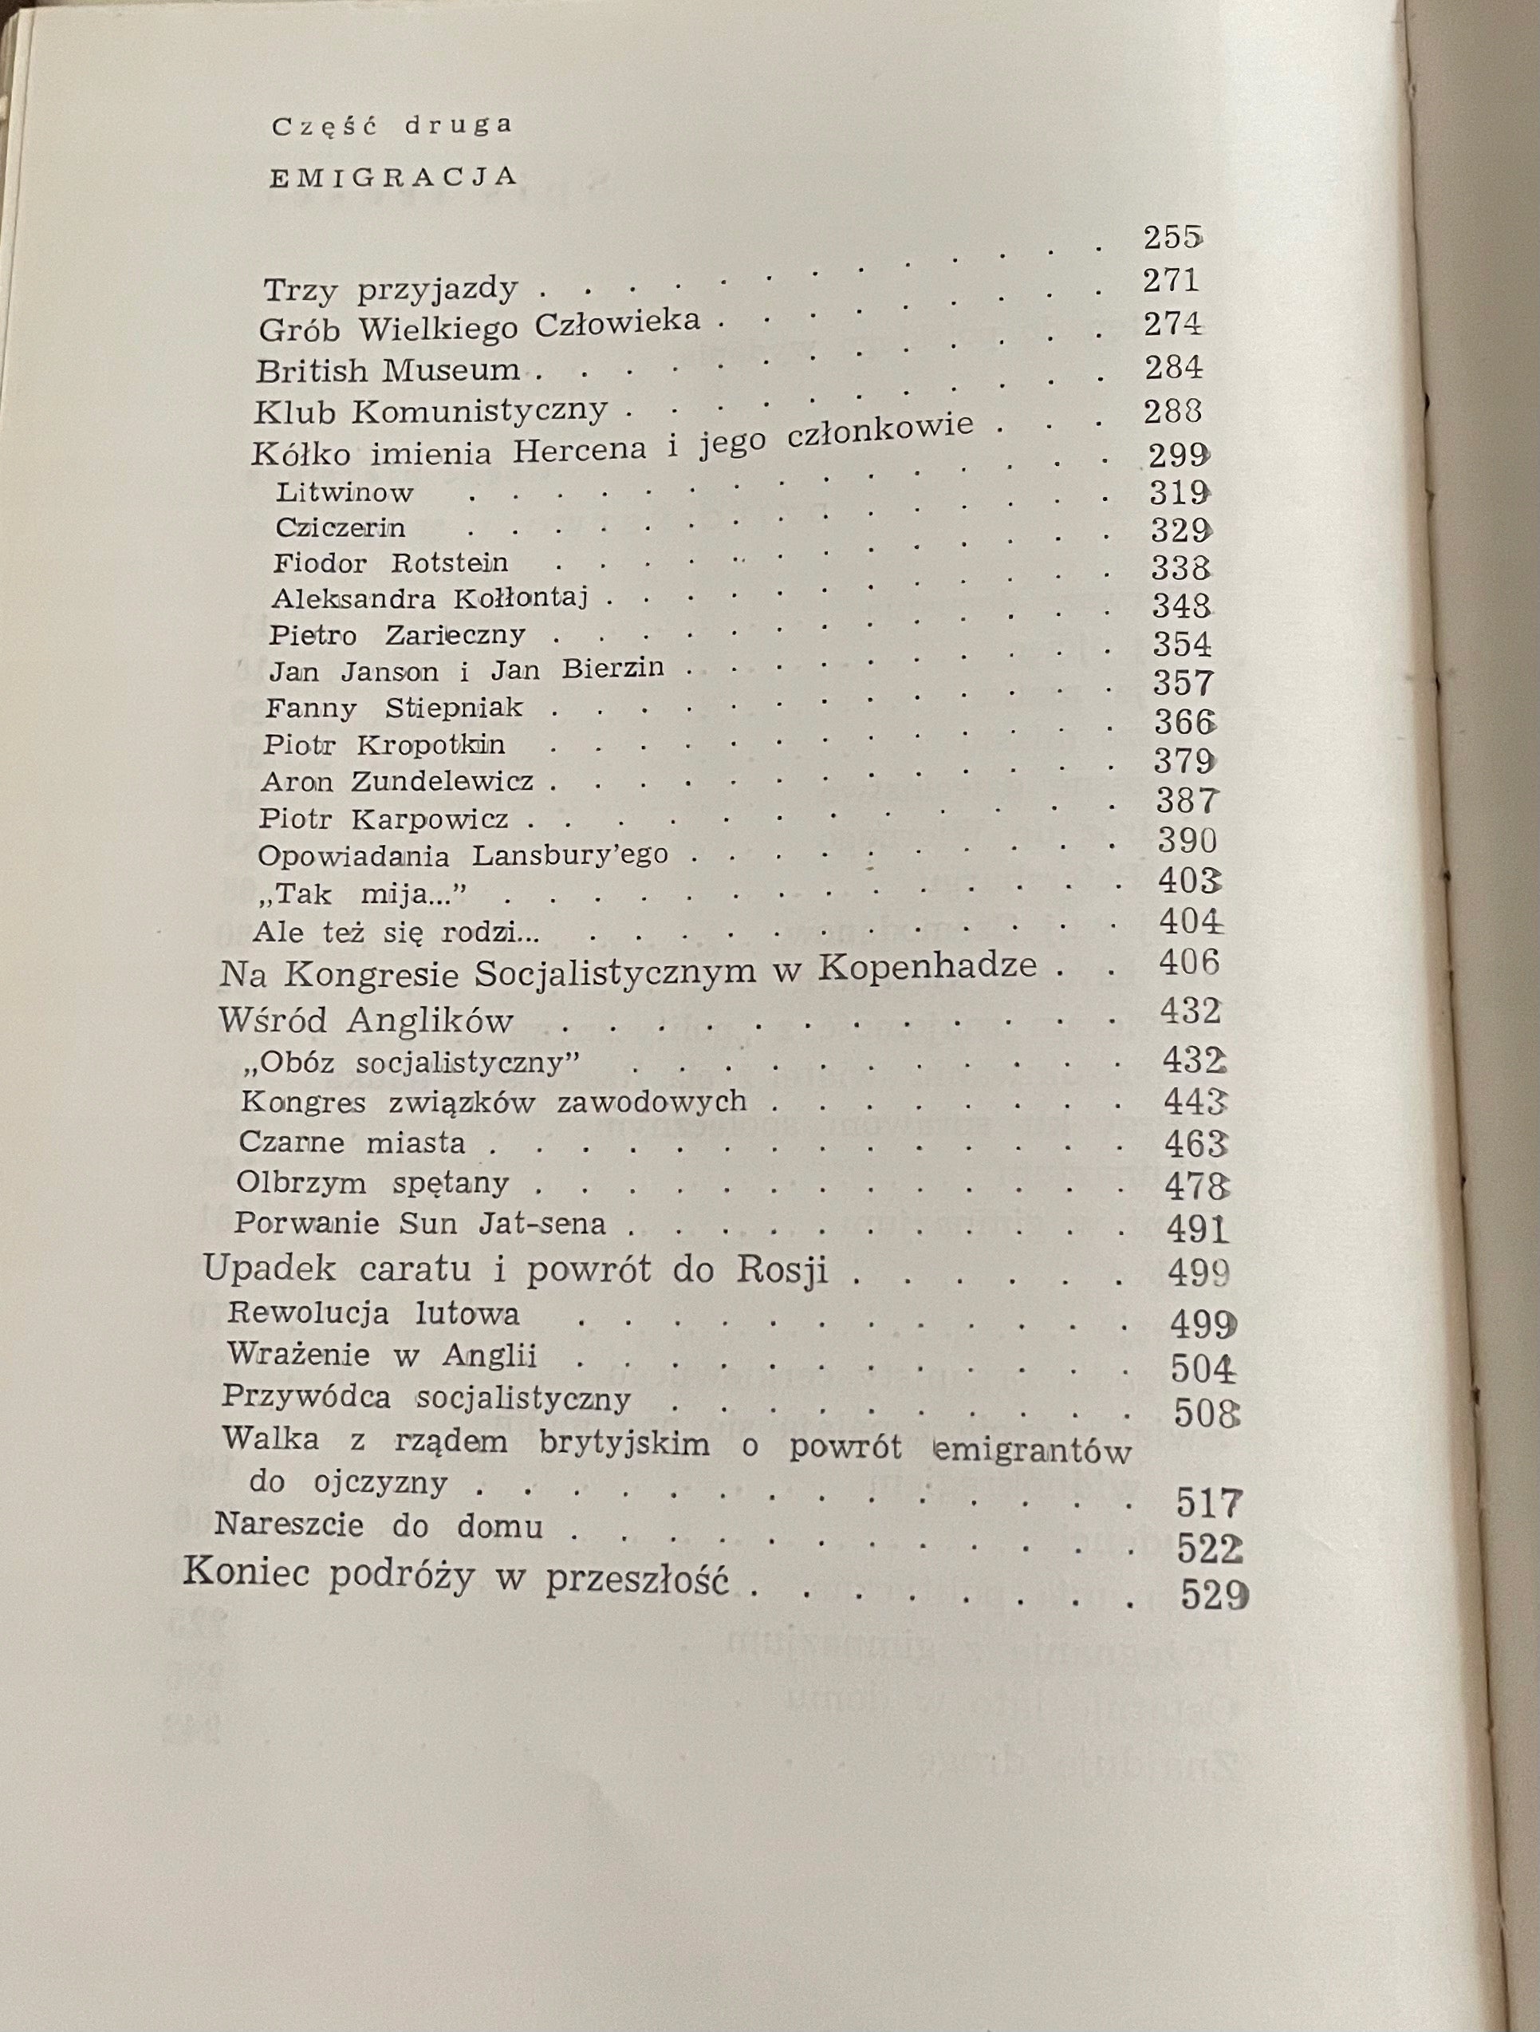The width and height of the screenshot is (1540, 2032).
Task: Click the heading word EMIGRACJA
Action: tap(393, 176)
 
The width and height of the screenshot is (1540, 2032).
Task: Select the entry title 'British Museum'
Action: tap(388, 370)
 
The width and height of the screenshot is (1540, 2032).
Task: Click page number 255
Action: tap(1172, 238)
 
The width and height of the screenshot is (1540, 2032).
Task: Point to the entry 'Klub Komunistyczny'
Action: tap(431, 411)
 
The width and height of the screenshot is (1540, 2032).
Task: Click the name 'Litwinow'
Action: tap(345, 492)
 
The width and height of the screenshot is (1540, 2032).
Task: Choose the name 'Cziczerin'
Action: tap(340, 528)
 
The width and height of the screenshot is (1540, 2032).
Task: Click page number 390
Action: tap(1187, 839)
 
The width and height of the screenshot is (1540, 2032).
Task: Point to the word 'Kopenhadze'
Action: tap(927, 965)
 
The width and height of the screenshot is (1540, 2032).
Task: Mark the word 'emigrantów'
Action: tap(1031, 1450)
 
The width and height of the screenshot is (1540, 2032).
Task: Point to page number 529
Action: tap(1214, 1596)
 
